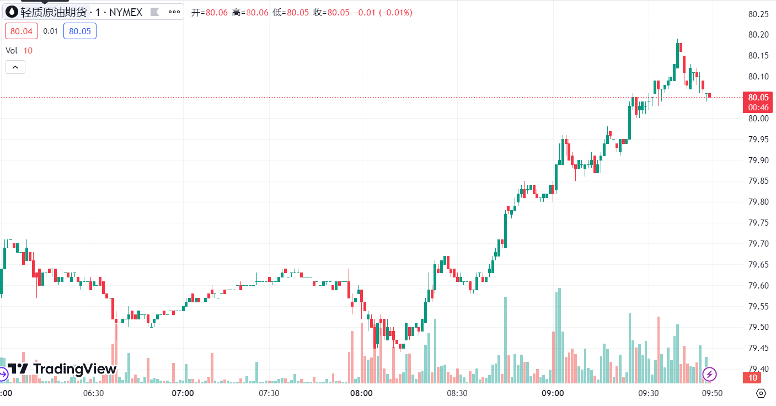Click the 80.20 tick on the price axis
[758, 35]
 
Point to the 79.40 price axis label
[758, 368]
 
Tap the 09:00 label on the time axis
[553, 393]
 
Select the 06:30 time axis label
[93, 393]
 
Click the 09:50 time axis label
[711, 393]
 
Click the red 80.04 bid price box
[22, 31]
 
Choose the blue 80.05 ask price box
[80, 31]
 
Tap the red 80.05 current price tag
[758, 98]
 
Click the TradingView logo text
[74, 369]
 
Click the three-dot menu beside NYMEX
[174, 12]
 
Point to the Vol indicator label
[12, 50]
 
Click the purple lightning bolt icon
[709, 375]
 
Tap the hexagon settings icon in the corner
[761, 393]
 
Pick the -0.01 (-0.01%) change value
[383, 12]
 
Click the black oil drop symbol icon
[12, 12]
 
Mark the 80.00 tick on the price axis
[758, 118]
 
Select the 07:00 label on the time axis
[183, 393]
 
